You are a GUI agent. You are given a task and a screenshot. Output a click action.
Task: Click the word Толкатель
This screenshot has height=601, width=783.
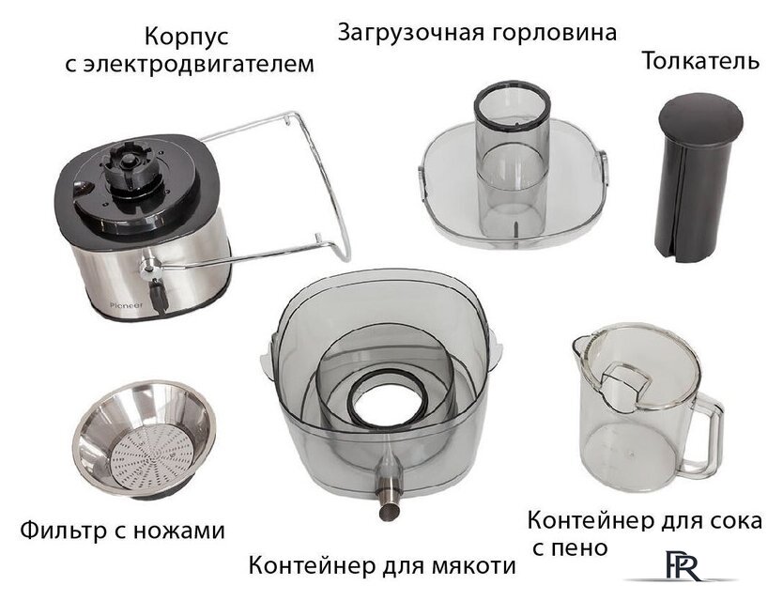699,63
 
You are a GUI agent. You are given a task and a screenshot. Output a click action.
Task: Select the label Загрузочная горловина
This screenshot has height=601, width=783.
477,34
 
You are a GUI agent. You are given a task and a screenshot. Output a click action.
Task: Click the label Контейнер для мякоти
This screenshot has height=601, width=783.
381,566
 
